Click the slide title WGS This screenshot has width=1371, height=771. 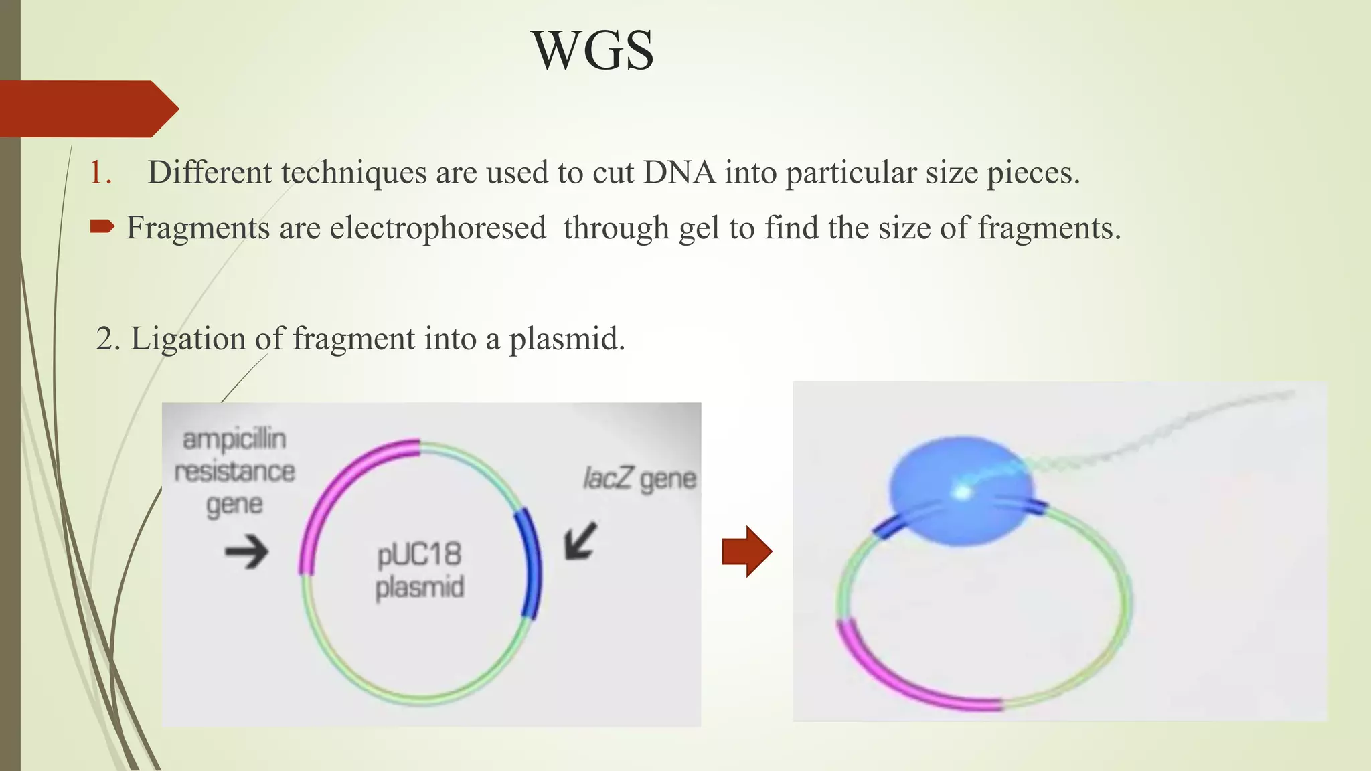(593, 51)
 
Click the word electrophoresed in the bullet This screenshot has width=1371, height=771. (438, 228)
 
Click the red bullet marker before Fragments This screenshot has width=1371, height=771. (102, 228)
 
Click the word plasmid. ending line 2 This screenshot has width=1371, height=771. (567, 339)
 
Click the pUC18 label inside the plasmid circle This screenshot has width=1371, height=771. (419, 555)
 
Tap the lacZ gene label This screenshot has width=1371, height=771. (639, 479)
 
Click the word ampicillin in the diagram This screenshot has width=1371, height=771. (234, 440)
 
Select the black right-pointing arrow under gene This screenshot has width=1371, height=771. (246, 552)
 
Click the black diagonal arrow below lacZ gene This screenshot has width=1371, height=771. (580, 540)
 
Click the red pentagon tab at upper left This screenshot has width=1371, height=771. (87, 108)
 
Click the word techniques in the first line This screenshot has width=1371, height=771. (353, 173)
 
